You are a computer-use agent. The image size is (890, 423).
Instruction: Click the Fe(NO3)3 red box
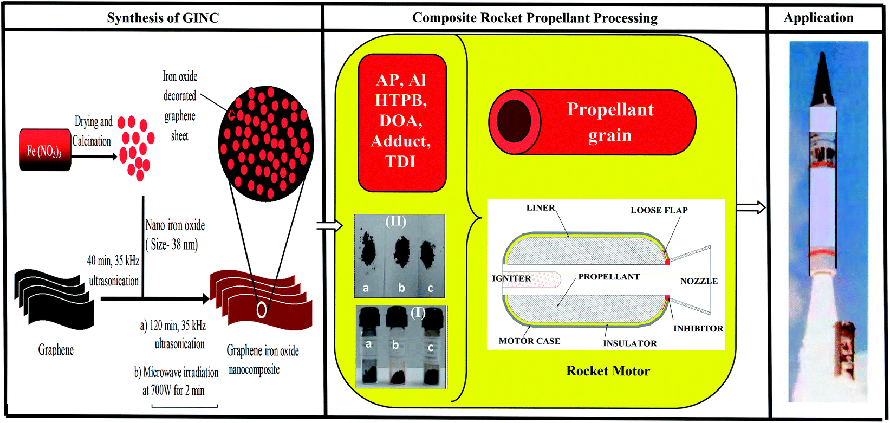45,150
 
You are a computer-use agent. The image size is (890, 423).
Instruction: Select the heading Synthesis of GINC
163,18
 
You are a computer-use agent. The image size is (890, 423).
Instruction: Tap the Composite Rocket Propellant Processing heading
535,18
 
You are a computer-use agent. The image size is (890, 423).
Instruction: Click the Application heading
818,18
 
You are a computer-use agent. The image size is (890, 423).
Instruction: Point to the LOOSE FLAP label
659,210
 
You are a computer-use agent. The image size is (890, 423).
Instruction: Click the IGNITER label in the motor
511,278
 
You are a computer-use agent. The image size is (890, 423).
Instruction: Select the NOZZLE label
699,281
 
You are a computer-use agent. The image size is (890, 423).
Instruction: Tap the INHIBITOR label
698,328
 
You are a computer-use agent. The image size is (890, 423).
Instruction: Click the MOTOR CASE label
529,341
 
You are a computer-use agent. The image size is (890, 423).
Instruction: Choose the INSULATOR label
629,343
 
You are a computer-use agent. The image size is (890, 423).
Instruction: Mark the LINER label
540,208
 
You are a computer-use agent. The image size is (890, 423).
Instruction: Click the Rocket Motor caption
608,371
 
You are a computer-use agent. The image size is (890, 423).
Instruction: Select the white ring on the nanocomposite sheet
262,309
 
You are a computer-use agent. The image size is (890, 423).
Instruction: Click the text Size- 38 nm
172,245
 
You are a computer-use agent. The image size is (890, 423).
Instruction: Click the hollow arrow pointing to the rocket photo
750,207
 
